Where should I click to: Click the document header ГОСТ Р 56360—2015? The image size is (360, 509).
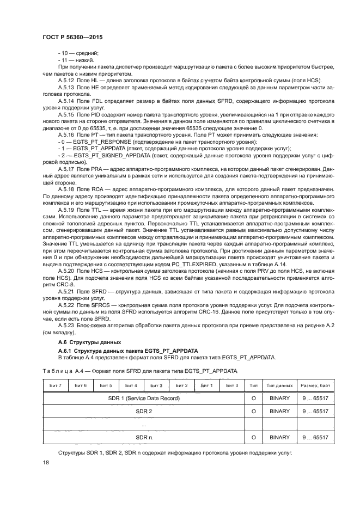tap(72, 36)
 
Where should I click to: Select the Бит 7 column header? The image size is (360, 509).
tap(56, 385)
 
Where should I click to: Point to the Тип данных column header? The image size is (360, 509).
tap(279, 385)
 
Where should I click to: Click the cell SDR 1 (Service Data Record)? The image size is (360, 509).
tap(144, 398)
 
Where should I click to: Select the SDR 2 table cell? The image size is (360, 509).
tap(144, 411)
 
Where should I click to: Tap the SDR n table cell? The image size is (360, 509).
tap(144, 437)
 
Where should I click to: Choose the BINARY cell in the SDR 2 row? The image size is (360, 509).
tap(279, 411)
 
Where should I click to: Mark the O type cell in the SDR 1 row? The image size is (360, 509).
tap(253, 398)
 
